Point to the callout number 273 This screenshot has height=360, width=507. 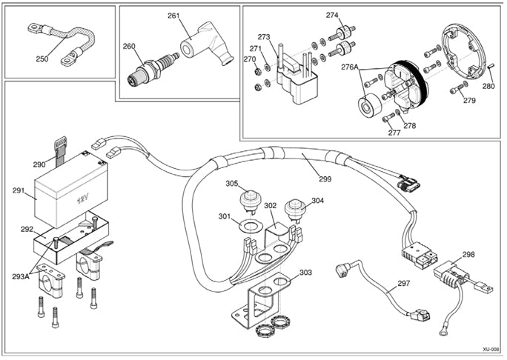click(264, 37)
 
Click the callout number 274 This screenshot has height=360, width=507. click(332, 15)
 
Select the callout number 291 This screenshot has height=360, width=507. click(19, 191)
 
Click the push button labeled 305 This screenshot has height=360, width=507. click(251, 199)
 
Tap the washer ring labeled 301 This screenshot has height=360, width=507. click(248, 223)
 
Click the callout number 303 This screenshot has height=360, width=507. click(305, 273)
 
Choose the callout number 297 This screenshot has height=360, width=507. click(403, 284)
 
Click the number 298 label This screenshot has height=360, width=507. click(468, 254)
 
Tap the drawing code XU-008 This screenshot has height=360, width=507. click(489, 348)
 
